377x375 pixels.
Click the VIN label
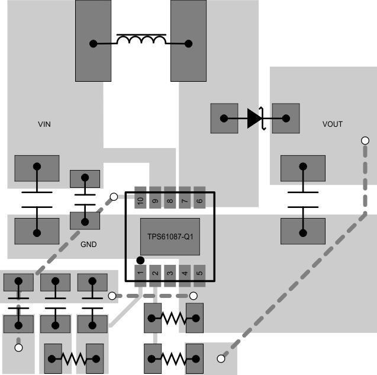(x=44, y=124)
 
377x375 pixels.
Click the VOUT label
(x=333, y=124)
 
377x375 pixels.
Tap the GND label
(x=88, y=243)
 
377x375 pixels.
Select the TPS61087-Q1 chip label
(x=170, y=236)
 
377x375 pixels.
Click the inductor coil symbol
(x=141, y=40)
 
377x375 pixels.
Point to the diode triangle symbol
(x=254, y=118)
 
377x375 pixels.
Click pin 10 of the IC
(x=140, y=201)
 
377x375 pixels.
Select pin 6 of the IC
(x=199, y=201)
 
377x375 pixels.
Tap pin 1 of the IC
(x=140, y=273)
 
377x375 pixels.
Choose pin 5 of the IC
(x=199, y=273)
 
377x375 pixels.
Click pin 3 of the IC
(x=170, y=273)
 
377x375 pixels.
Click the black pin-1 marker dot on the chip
(x=140, y=259)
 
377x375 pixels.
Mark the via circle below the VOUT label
(x=365, y=141)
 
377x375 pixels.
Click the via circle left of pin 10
(x=113, y=196)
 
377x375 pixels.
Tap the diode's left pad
(x=224, y=118)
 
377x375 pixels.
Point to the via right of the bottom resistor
(x=221, y=358)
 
